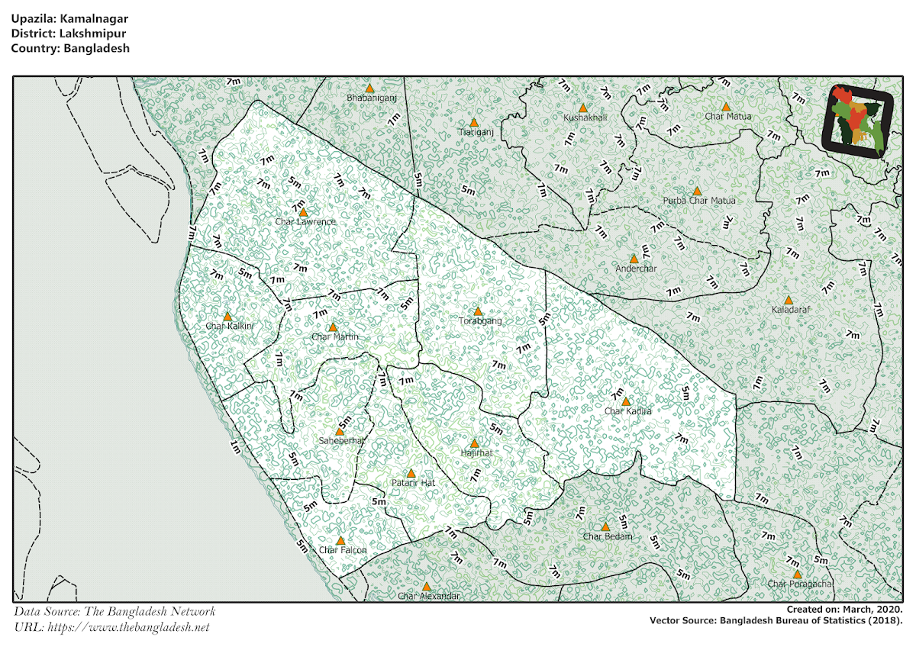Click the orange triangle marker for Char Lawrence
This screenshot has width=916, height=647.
303,212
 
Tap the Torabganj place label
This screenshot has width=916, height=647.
480,321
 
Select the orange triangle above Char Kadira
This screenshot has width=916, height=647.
626,401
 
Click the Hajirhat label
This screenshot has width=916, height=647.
476,452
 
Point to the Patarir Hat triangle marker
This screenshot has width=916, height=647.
411,473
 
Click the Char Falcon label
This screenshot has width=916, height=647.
343,550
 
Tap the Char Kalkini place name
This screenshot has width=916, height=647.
229,326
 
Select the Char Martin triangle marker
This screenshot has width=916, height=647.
332,327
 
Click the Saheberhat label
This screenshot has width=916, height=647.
342,440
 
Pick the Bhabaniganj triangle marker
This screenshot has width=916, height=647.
369,89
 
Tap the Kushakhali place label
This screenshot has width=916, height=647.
585,117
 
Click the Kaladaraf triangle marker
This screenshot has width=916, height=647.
788,301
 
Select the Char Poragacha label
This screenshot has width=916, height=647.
800,584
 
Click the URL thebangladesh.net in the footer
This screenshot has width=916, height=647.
127,627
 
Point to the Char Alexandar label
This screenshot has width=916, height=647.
429,596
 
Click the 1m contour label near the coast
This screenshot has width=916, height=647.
235,448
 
